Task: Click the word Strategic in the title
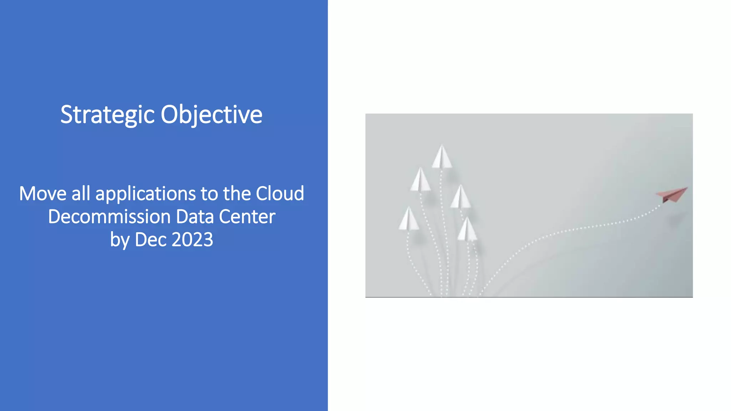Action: (107, 115)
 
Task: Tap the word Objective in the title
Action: (211, 115)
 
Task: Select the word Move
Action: (42, 194)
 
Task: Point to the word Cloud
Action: (280, 194)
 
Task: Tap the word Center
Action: (247, 217)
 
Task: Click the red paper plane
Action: (672, 194)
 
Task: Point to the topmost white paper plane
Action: (442, 157)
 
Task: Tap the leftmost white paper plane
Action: (409, 219)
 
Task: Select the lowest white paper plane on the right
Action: (467, 230)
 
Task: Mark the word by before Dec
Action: (120, 240)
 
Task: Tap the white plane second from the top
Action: (420, 180)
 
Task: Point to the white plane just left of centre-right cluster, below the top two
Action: (460, 197)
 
